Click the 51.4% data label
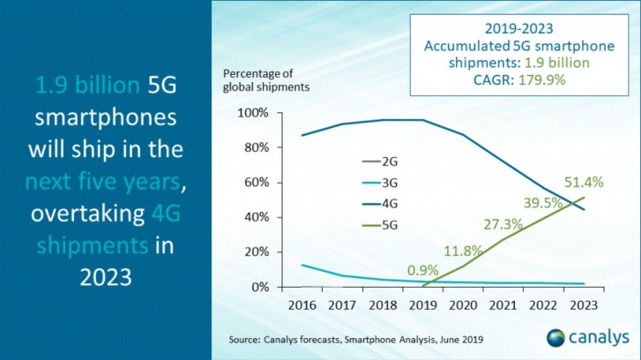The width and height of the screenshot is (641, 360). click(x=584, y=182)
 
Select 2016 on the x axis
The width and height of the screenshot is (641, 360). click(x=302, y=304)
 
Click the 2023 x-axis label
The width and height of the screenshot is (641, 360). click(x=583, y=304)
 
